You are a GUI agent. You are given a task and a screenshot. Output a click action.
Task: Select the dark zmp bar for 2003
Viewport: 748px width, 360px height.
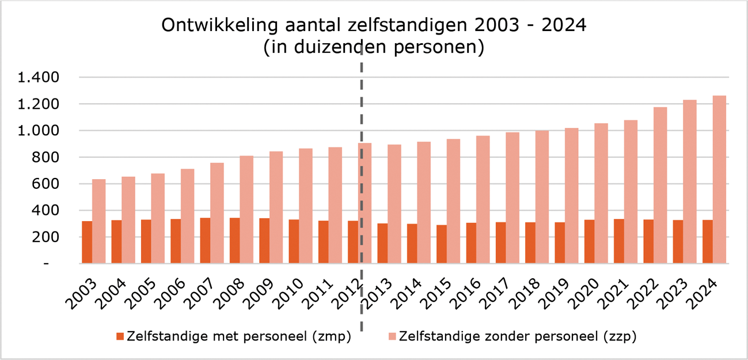click(x=87, y=242)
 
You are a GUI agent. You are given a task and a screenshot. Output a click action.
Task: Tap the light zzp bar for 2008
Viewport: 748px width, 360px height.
click(x=246, y=210)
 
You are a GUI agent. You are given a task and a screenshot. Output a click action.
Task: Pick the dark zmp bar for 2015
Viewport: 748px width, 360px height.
click(x=441, y=244)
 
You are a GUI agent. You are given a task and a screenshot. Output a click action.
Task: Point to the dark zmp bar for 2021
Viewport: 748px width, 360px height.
click(x=618, y=241)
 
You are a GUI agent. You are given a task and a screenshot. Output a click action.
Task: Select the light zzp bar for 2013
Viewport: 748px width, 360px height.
click(x=394, y=204)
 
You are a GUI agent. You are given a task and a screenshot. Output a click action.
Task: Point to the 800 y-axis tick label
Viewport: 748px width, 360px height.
click(x=45, y=157)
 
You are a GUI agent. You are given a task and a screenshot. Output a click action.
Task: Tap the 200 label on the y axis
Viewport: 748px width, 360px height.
click(x=45, y=237)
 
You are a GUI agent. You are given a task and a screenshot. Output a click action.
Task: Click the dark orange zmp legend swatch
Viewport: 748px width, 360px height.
click(x=120, y=336)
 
